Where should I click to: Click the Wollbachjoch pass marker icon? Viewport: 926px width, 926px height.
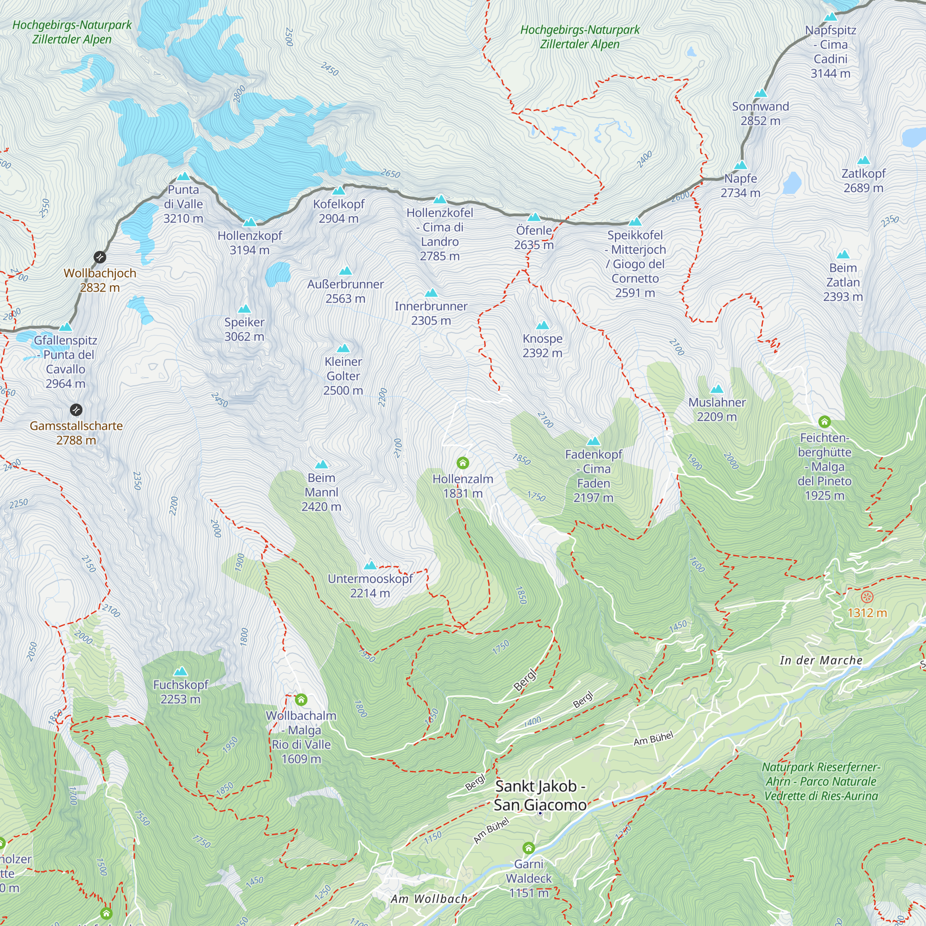point(100,257)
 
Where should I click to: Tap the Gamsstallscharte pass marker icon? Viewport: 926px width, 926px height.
point(76,410)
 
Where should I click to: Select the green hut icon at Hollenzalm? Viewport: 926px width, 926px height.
point(463,463)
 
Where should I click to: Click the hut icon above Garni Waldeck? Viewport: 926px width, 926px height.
point(529,848)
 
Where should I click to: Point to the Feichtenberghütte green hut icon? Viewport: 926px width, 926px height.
point(825,422)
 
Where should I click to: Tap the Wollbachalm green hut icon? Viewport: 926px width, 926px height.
point(301,700)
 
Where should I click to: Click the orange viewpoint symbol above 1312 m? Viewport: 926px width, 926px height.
point(867,597)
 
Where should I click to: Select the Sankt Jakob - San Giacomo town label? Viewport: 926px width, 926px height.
point(540,795)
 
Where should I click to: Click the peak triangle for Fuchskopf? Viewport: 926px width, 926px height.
point(181,671)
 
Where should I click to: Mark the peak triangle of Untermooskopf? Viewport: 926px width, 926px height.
point(370,565)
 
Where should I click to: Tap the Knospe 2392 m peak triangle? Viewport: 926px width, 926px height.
point(542,325)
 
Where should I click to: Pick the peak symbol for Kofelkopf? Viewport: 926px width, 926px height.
point(338,191)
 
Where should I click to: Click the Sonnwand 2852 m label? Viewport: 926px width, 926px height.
point(760,113)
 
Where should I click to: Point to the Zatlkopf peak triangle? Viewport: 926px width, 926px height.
point(863,160)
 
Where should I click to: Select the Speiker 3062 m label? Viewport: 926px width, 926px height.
point(244,329)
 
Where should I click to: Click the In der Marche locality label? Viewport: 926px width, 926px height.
point(821,661)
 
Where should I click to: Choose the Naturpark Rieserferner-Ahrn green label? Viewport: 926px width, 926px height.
point(821,781)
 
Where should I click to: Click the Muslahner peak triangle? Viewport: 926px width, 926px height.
point(717,389)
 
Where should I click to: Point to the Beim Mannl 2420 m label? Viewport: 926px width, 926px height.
point(321,492)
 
